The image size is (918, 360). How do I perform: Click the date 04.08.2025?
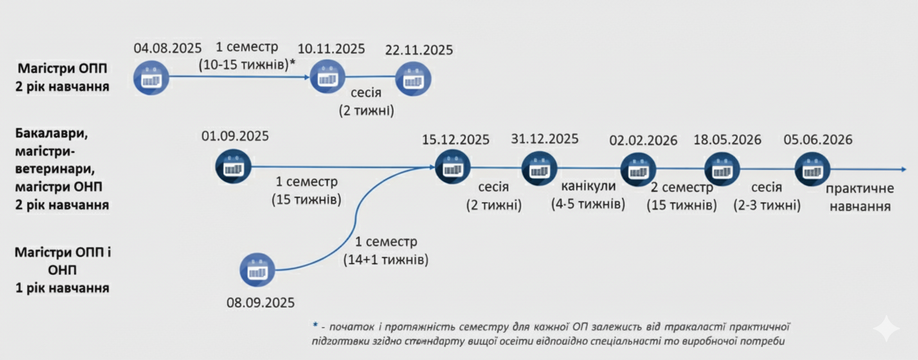click(167, 48)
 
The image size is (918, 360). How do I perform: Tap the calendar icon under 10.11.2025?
click(327, 77)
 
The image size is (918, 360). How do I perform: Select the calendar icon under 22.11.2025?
click(413, 79)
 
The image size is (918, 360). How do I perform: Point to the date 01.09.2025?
click(235, 136)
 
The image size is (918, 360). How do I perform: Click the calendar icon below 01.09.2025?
click(233, 166)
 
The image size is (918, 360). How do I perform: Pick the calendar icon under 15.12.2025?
click(452, 166)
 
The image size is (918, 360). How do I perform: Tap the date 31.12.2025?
click(544, 139)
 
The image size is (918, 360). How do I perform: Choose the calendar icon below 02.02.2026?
click(638, 169)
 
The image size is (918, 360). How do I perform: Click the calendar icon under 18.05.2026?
click(722, 169)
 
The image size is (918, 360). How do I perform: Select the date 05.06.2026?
click(818, 139)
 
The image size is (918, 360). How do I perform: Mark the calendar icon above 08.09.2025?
click(257, 270)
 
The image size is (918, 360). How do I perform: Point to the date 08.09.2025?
click(260, 303)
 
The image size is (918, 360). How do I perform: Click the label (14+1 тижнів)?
click(386, 260)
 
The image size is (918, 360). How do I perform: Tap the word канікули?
click(588, 186)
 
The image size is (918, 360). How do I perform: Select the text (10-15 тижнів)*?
click(247, 65)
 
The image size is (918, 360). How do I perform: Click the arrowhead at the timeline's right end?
click(903, 169)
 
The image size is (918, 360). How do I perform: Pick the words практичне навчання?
click(859, 197)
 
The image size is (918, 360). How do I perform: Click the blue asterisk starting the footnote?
click(315, 325)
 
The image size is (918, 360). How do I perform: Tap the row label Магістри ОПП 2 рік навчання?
click(62, 78)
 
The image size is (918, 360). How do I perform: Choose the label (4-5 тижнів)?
click(588, 204)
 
